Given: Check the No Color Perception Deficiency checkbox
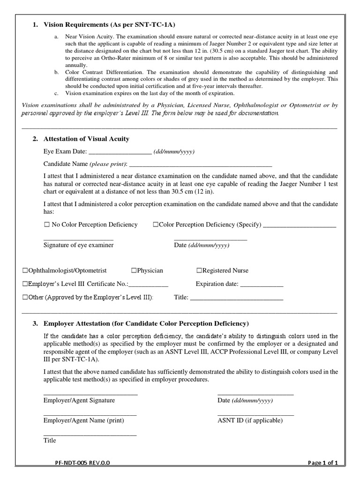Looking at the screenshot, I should point(46,225).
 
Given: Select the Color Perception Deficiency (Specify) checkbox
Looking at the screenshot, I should point(156,225).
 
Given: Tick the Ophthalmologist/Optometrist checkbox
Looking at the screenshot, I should point(25,271).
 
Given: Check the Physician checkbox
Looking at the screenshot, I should point(134,271).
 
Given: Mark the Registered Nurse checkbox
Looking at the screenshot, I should point(199,271).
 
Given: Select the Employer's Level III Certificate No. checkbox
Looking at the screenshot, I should point(25,284).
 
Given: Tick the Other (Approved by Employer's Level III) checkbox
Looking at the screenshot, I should point(25,297).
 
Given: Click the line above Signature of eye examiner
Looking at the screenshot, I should point(78,240).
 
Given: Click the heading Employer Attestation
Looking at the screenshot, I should point(146,324).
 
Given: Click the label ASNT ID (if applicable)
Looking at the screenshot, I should point(250,420).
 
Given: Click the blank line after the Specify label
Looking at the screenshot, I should point(300,226).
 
